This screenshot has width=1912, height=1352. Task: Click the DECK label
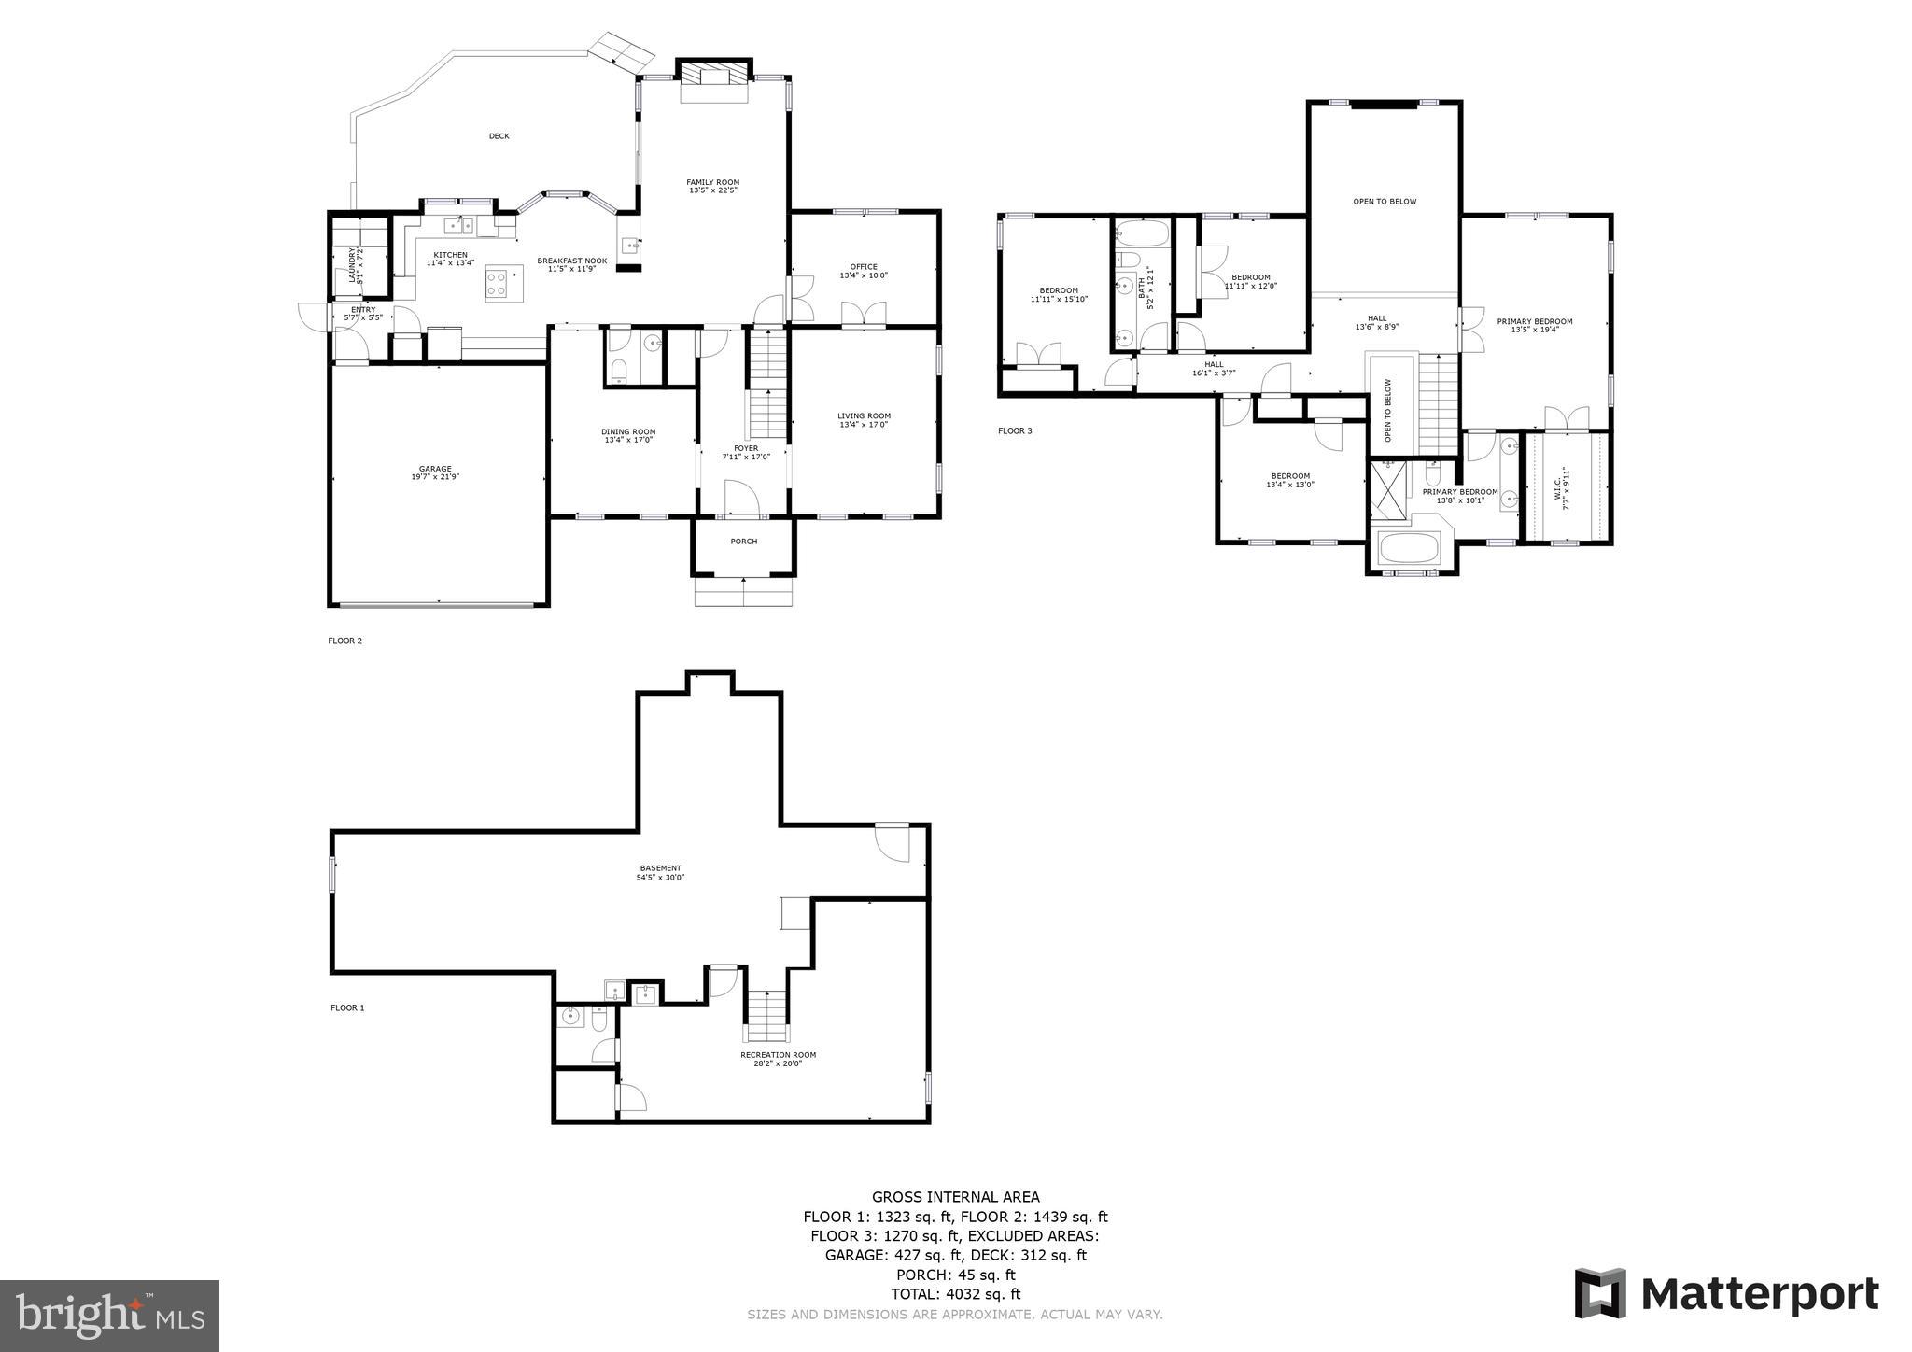click(499, 136)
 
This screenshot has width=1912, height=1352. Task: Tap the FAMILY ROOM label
click(712, 186)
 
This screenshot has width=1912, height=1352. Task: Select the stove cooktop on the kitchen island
click(497, 283)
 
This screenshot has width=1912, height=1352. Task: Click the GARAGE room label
click(435, 472)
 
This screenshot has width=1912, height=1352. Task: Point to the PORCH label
click(743, 542)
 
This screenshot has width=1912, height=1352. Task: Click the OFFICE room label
click(863, 271)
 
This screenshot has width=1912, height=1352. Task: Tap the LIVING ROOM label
click(863, 420)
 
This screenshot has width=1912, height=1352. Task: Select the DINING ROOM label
click(627, 435)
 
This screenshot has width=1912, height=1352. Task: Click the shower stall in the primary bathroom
click(1387, 489)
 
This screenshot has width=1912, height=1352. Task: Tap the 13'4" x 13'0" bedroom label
click(1289, 480)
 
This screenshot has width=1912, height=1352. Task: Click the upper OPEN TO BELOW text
click(1385, 202)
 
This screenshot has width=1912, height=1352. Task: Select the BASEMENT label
click(660, 872)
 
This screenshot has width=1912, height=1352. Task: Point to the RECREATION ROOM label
click(778, 1059)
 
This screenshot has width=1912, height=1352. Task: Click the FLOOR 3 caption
click(1015, 431)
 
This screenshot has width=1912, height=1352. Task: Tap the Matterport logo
click(1726, 1294)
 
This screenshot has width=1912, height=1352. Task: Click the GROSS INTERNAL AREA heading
click(955, 1197)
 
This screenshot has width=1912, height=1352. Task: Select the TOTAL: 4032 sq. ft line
click(955, 1294)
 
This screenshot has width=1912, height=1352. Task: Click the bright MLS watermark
click(109, 1317)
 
